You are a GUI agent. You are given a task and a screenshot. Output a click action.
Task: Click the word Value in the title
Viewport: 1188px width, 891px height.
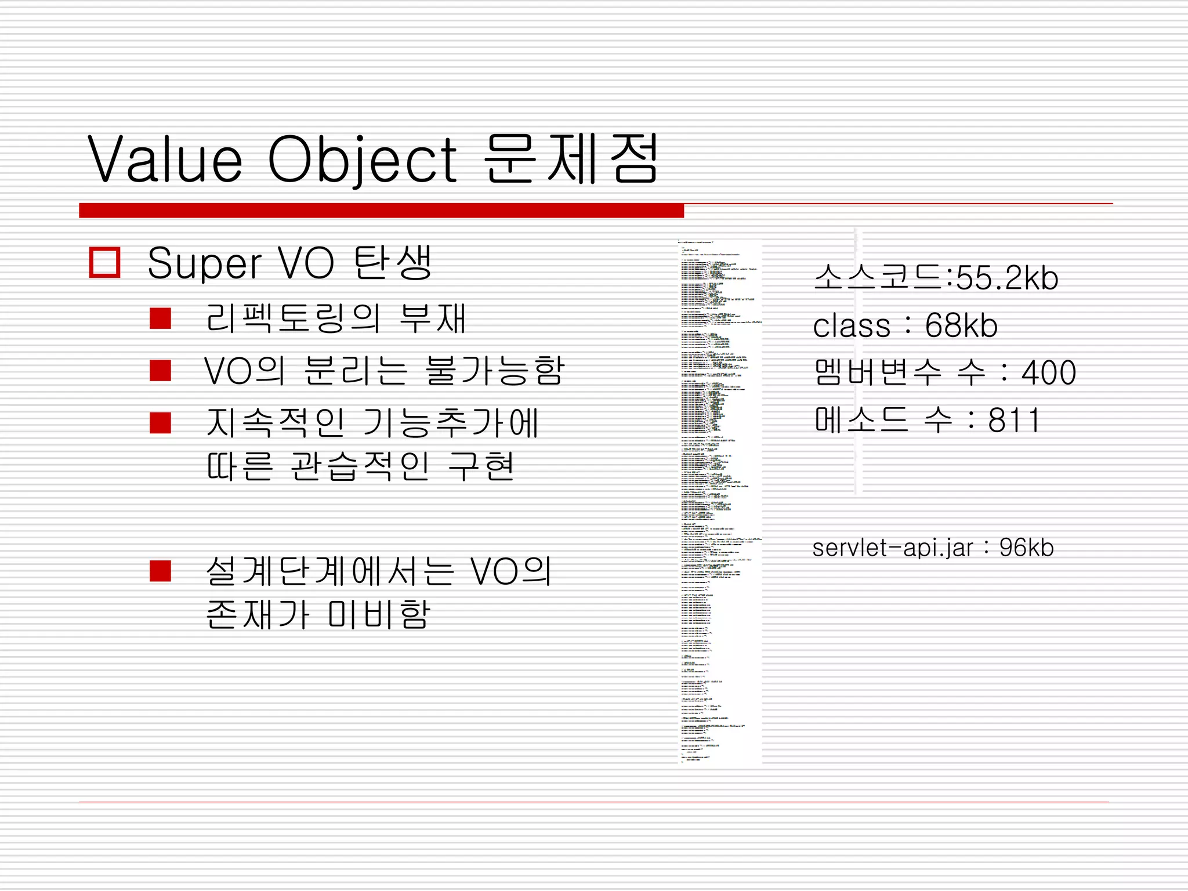[x=165, y=158]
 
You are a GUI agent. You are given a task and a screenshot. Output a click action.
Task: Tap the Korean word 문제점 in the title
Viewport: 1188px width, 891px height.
[x=571, y=158]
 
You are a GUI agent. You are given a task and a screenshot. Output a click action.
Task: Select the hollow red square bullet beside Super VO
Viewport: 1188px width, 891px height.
[x=104, y=263]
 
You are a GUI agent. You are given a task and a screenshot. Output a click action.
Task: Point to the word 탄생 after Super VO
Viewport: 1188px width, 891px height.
[x=393, y=263]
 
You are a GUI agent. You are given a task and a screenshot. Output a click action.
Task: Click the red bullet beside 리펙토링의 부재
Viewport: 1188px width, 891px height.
[x=160, y=318]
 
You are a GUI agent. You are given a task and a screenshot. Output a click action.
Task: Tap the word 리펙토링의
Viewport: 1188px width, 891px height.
[x=293, y=318]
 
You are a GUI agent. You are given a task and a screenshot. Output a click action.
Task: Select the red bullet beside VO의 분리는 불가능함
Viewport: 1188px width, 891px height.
[x=160, y=370]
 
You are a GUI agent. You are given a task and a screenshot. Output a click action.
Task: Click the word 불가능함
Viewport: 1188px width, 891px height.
[x=495, y=370]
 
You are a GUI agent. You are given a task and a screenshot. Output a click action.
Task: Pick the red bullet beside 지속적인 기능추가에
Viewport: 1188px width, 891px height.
[x=160, y=423]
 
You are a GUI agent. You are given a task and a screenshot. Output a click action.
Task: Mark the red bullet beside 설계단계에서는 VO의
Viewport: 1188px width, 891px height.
[x=160, y=571]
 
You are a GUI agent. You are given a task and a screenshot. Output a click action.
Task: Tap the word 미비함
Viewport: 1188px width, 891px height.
[x=379, y=614]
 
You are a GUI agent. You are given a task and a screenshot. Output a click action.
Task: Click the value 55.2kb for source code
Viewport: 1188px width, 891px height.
[x=1007, y=278]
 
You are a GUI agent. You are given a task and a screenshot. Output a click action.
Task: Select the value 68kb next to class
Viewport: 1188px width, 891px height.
[x=961, y=325]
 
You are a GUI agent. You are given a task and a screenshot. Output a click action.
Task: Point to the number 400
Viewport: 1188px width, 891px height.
[x=1049, y=372]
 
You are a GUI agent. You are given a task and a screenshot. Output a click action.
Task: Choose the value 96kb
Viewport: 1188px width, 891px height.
[x=1026, y=548]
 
